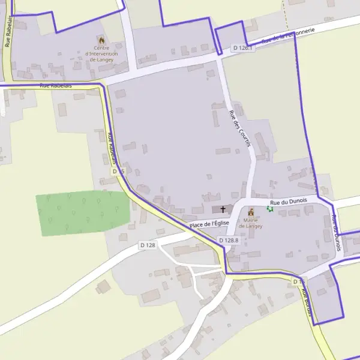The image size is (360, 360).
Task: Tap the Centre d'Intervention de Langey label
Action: pyautogui.click(x=103, y=54)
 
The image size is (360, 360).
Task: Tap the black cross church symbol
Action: pyautogui.click(x=223, y=209)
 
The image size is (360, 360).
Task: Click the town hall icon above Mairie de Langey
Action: pyautogui.click(x=251, y=211)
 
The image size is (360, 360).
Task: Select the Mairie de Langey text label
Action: pyautogui.click(x=251, y=223)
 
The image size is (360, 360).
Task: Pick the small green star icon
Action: pyautogui.click(x=269, y=209)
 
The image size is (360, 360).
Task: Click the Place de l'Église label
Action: pyautogui.click(x=209, y=224)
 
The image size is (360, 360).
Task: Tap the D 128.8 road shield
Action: pyautogui.click(x=229, y=240)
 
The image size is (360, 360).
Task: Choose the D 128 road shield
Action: pyautogui.click(x=148, y=245)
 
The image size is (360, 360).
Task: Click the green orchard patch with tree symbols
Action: pyautogui.click(x=83, y=213)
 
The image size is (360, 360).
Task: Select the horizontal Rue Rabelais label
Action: pyautogui.click(x=56, y=86)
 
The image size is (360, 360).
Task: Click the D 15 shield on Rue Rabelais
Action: pyautogui.click(x=118, y=172)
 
